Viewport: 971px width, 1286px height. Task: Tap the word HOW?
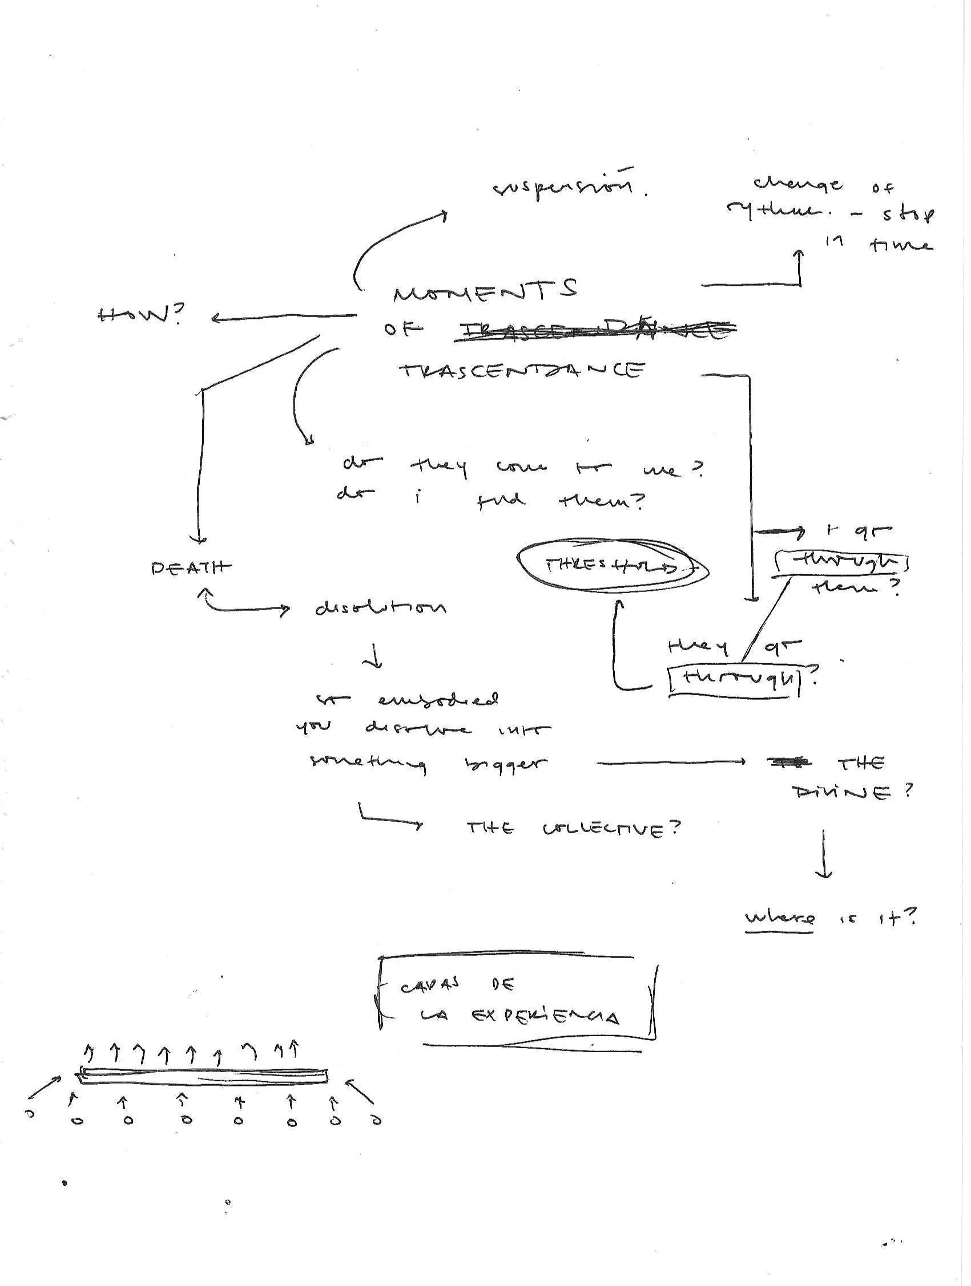click(x=140, y=316)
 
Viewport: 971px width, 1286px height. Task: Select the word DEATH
click(x=191, y=567)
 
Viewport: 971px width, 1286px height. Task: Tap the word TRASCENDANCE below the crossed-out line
click(x=522, y=370)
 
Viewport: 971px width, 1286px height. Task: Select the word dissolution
click(x=381, y=608)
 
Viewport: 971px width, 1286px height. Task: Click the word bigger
click(x=503, y=764)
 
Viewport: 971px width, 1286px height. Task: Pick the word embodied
click(x=437, y=700)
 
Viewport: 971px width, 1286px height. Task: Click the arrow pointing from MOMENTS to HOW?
click(x=284, y=317)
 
